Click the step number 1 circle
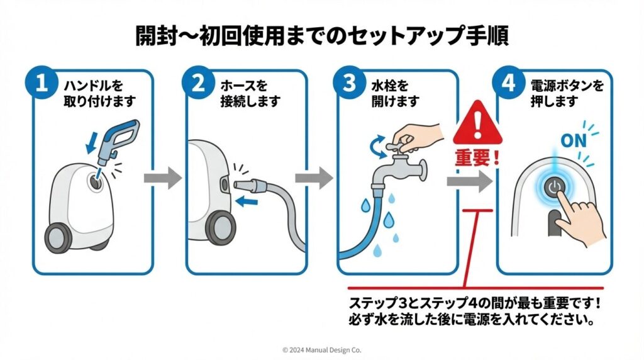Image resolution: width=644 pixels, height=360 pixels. tap(42, 85)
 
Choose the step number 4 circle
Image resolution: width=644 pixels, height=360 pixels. tap(508, 85)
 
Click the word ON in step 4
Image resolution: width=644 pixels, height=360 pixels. tap(573, 141)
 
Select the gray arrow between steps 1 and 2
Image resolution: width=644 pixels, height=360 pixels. tap(162, 178)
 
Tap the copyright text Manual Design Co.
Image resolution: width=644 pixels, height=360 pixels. tap(322, 349)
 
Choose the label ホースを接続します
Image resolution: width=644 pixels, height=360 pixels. tap(250, 93)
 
